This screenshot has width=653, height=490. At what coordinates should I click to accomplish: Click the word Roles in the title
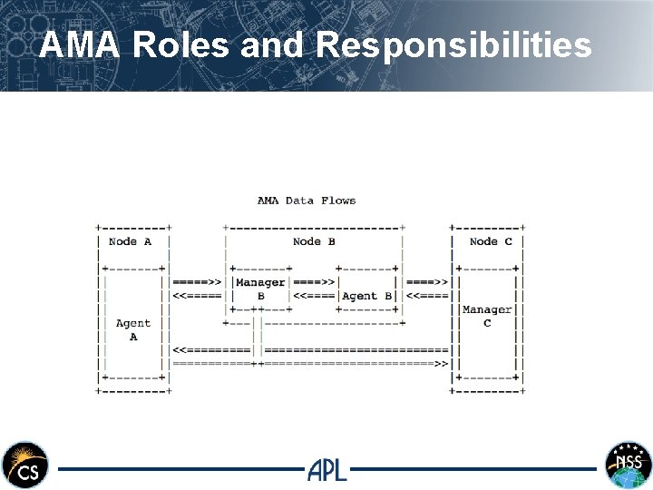180,44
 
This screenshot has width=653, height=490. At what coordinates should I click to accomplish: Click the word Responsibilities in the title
454,44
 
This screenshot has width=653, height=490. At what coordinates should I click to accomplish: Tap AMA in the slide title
81,44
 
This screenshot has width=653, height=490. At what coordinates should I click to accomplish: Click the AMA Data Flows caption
307,201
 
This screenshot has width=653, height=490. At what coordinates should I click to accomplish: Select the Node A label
130,241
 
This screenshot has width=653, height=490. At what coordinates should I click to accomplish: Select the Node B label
314,241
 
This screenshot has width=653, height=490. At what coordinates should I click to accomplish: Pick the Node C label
491,241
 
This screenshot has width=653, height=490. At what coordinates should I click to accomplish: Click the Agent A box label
133,329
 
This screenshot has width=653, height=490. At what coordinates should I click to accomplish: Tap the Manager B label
260,289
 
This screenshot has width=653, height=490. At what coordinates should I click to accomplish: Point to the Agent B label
366,296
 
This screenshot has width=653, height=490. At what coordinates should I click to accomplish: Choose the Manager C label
487,316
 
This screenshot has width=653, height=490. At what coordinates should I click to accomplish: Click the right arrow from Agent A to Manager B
197,282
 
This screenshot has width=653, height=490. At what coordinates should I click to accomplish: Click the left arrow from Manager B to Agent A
197,296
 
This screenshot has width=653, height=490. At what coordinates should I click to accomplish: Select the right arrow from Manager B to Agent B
315,282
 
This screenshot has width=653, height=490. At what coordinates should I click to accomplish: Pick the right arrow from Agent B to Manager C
427,282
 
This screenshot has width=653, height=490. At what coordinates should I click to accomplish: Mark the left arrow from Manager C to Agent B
427,296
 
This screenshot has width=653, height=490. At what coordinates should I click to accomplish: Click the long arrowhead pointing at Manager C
442,364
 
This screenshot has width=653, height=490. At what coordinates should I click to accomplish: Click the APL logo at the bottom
326,469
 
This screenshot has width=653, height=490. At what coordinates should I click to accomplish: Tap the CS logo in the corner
24,465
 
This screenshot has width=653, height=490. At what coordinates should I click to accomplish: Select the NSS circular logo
629,465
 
